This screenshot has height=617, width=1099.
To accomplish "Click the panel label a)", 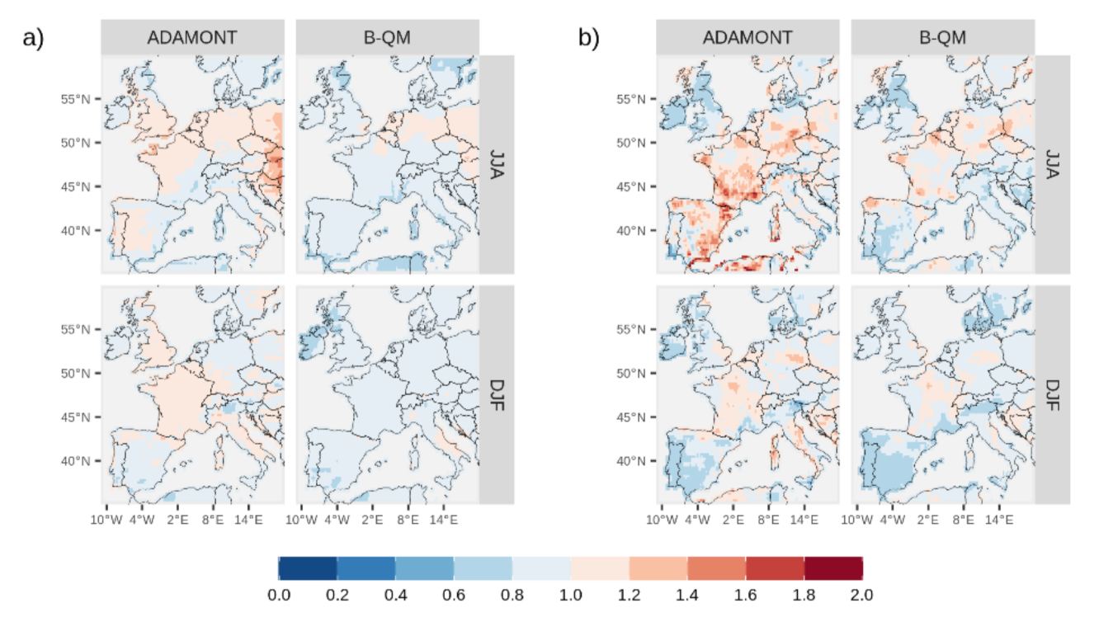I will click(32, 38).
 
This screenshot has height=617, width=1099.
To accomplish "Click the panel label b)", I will click(588, 38).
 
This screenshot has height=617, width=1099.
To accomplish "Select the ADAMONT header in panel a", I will click(192, 38).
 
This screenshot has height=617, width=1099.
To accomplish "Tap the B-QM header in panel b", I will click(941, 38).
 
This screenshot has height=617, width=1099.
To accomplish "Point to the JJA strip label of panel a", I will click(497, 164).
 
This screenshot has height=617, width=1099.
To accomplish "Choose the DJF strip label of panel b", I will click(1053, 394).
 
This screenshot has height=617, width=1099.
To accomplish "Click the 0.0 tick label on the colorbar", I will click(279, 595).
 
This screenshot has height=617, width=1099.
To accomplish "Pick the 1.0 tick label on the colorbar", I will click(571, 595).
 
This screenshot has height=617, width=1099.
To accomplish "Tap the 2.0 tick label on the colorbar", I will click(862, 595).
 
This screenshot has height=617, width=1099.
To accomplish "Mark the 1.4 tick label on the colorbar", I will click(687, 595).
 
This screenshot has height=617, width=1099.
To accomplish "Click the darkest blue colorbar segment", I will click(308, 568).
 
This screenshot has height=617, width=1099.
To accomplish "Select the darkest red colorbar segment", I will click(833, 568).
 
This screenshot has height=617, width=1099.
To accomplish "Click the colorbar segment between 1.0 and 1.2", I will click(600, 568).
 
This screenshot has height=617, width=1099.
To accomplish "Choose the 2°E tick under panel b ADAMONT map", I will click(733, 520).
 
